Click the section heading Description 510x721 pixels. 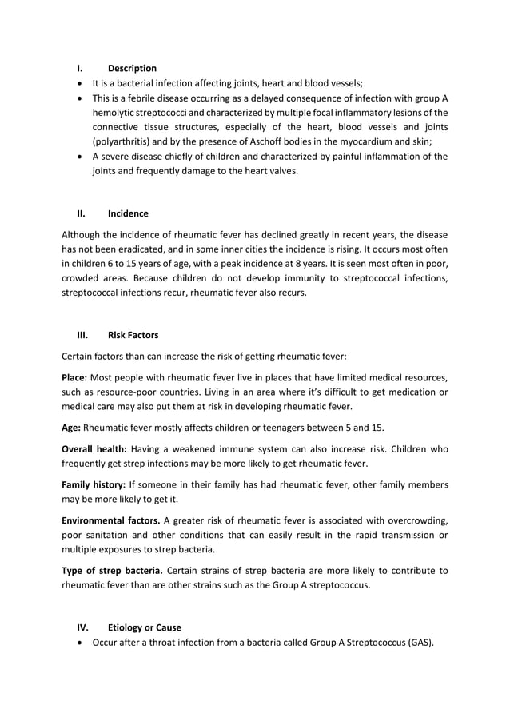[x=132, y=68]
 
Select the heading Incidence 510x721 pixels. [x=128, y=213]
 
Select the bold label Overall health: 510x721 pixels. [x=95, y=448]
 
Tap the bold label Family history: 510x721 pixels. [x=94, y=485]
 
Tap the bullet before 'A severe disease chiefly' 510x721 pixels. [x=80, y=157]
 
